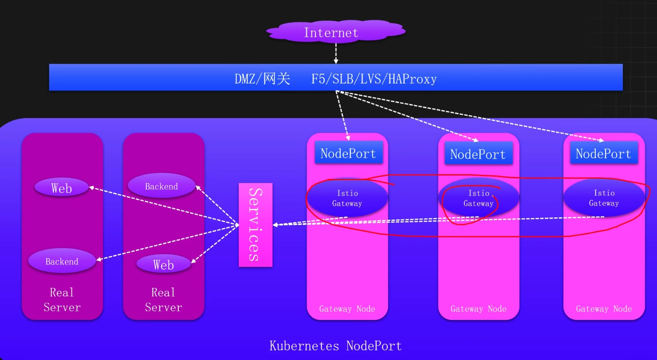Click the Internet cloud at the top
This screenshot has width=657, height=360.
click(x=336, y=32)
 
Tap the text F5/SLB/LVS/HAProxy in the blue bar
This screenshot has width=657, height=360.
click(x=374, y=79)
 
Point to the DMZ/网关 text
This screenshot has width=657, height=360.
click(x=262, y=79)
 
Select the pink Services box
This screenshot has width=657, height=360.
click(x=255, y=225)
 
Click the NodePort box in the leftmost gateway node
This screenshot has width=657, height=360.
click(x=349, y=153)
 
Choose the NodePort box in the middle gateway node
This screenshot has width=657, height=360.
click(x=478, y=153)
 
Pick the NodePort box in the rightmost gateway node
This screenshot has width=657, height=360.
click(x=604, y=153)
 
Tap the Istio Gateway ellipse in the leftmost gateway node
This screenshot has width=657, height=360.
click(x=347, y=198)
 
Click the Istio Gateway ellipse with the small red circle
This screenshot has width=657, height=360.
click(x=479, y=198)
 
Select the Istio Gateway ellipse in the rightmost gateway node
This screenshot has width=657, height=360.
click(x=604, y=198)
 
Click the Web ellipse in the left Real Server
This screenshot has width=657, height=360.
click(x=62, y=187)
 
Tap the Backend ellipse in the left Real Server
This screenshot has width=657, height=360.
click(x=62, y=261)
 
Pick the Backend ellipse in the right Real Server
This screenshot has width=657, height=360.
click(x=162, y=186)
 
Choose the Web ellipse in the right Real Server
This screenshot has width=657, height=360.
click(x=164, y=264)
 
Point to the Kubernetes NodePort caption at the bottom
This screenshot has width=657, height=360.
click(x=336, y=345)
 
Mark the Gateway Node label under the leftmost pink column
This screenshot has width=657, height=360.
click(x=347, y=309)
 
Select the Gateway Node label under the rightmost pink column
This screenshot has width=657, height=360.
click(x=604, y=309)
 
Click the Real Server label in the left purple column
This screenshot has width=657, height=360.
click(x=62, y=300)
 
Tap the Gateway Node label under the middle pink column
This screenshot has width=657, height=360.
click(x=479, y=309)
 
